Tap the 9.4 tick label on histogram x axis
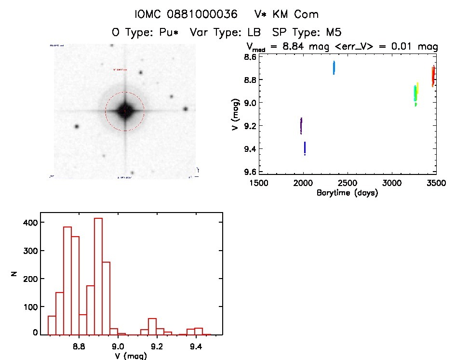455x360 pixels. pyautogui.click(x=196, y=347)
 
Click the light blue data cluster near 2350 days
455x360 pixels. pyautogui.click(x=334, y=67)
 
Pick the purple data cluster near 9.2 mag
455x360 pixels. pyautogui.click(x=301, y=126)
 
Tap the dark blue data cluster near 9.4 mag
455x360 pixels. pyautogui.click(x=305, y=148)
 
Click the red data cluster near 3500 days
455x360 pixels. pyautogui.click(x=433, y=76)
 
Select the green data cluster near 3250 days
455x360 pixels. pyautogui.click(x=415, y=94)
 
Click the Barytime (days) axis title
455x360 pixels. pyautogui.click(x=347, y=193)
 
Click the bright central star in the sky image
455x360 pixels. pyautogui.click(x=125, y=111)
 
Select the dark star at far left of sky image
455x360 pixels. pyautogui.click(x=76, y=126)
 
